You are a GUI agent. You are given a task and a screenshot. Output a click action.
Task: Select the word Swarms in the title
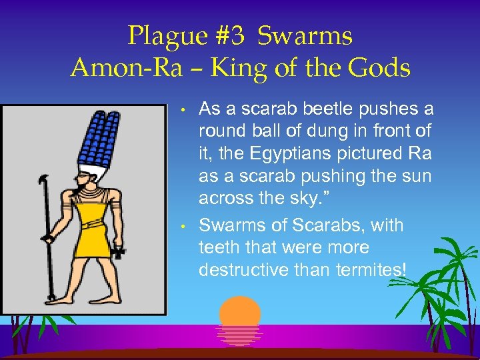305,36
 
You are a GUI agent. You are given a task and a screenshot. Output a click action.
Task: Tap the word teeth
217,247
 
